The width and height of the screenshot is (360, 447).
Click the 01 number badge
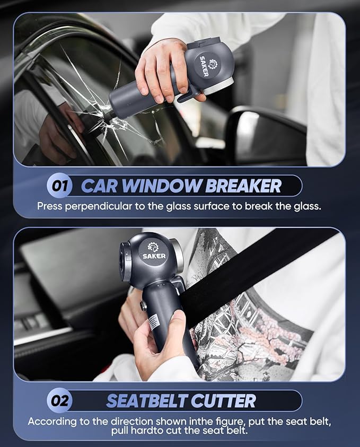click(59, 186)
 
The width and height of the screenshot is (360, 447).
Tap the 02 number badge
click(59, 401)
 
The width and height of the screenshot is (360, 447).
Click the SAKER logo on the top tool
click(204, 64)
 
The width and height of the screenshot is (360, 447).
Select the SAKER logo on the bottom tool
click(154, 251)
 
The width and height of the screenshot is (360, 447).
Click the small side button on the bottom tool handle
click(143, 306)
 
